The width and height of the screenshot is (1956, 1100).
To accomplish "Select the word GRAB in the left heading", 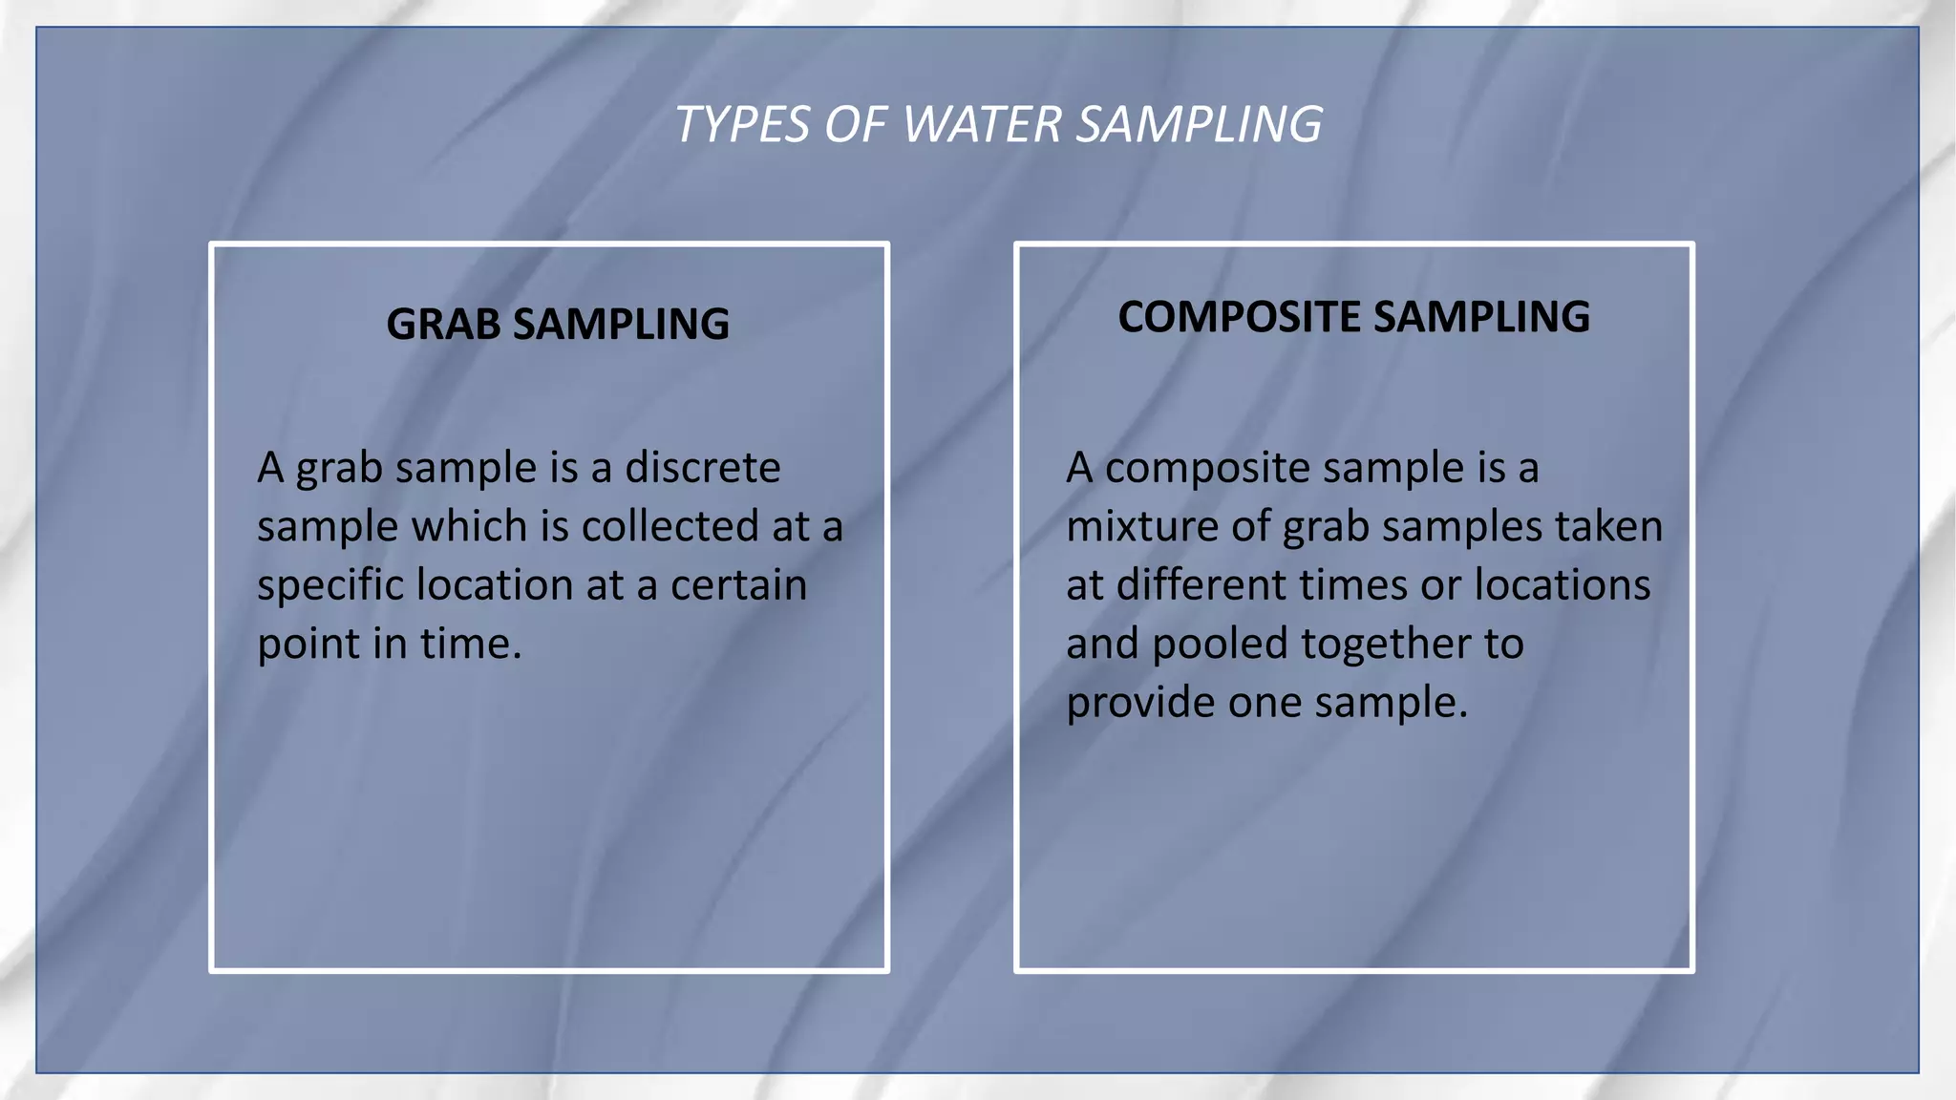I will pos(443,325).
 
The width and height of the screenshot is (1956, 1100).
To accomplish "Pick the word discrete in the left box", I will pos(703,468).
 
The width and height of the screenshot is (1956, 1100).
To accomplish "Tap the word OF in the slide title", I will pos(856,125).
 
